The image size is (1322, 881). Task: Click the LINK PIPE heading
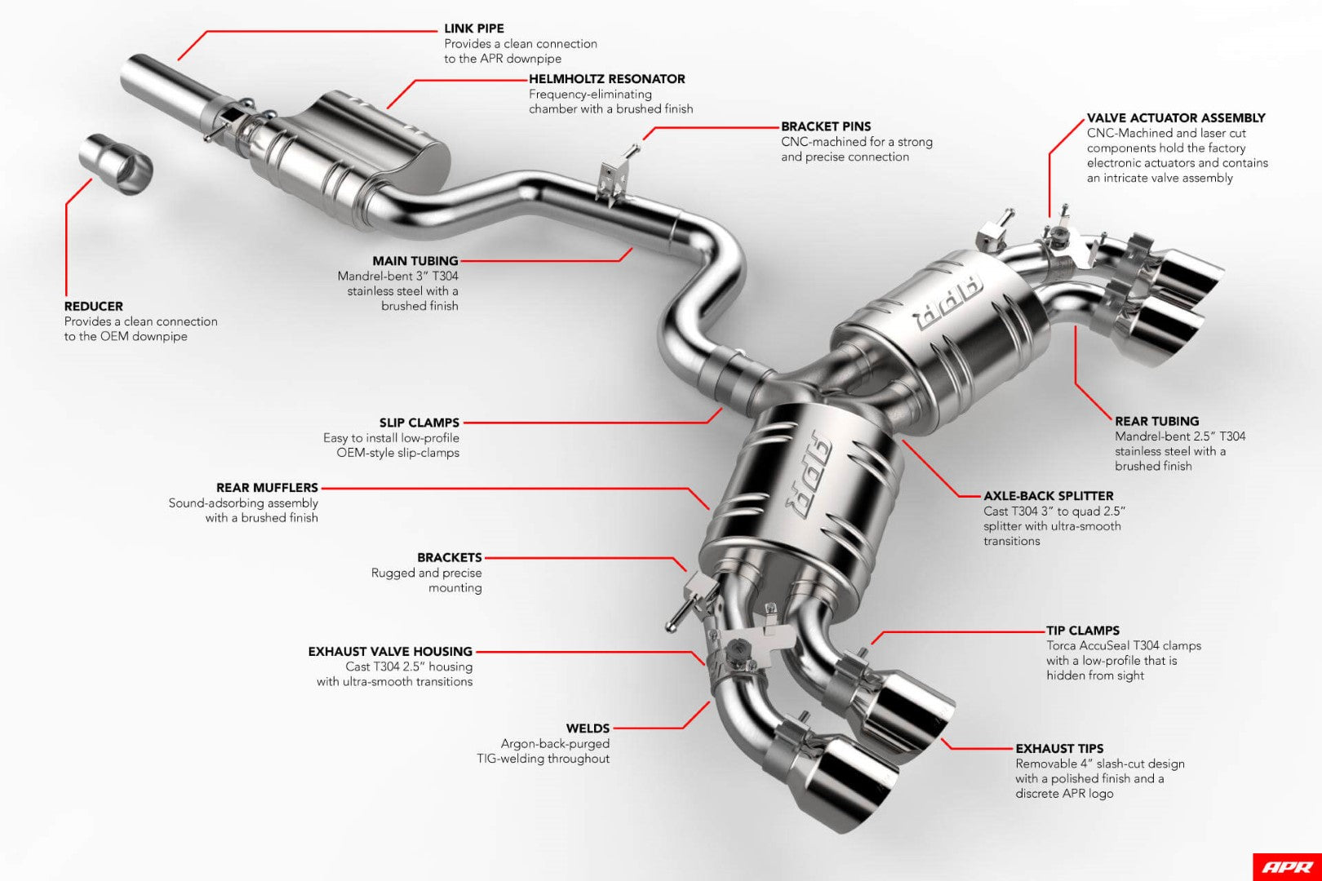point(473,29)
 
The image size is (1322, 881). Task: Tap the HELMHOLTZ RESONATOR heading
point(606,79)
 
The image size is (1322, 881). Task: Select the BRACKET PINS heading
point(825,126)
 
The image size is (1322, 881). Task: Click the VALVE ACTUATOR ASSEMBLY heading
point(1175,118)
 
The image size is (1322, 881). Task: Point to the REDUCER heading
point(93,307)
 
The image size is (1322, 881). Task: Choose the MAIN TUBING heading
point(415,261)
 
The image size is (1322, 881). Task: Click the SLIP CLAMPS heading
point(419,423)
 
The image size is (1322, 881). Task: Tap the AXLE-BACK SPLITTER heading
point(1048,496)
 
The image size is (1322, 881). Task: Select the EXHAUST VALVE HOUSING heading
point(390,652)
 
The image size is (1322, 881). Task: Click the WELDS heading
point(588,728)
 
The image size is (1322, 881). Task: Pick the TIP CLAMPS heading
point(1082,631)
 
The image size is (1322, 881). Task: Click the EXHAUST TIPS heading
point(1058,749)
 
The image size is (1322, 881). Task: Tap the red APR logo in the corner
point(1286,866)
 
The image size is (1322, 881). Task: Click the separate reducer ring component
point(117,163)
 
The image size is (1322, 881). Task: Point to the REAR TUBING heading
point(1156,422)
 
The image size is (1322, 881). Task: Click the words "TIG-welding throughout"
point(543,759)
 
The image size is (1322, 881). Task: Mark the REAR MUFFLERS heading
point(266,488)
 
